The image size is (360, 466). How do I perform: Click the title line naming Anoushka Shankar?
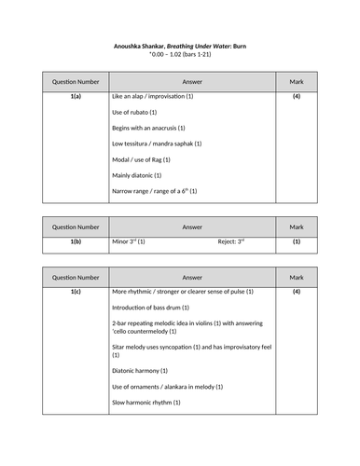pyautogui.click(x=180, y=46)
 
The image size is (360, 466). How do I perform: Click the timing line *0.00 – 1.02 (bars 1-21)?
pyautogui.click(x=180, y=55)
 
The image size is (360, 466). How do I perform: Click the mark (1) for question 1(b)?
pyautogui.click(x=296, y=241)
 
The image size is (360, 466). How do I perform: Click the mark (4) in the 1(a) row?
pyautogui.click(x=296, y=96)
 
